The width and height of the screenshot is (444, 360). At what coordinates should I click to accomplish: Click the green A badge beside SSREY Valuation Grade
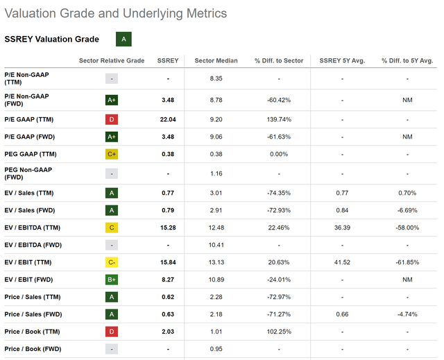[x=123, y=40]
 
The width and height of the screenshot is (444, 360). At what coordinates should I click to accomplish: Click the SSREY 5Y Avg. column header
[x=342, y=60]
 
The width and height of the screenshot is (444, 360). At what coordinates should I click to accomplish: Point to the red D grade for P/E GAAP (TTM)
[x=112, y=119]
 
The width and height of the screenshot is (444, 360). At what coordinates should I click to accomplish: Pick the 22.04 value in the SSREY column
[x=168, y=119]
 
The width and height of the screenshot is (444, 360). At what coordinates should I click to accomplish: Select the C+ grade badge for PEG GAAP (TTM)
[x=112, y=154]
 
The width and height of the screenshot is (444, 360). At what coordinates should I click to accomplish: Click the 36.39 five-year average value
[x=342, y=228]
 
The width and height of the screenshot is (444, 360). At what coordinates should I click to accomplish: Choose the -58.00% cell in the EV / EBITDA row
[x=407, y=228]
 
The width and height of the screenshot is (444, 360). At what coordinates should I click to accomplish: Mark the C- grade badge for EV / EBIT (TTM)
[x=112, y=262]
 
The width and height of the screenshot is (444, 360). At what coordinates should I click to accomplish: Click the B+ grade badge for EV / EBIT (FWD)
[x=112, y=280]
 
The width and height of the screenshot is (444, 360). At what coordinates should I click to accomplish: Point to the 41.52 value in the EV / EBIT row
[x=342, y=262]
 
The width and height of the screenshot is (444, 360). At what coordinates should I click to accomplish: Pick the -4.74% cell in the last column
[x=407, y=314]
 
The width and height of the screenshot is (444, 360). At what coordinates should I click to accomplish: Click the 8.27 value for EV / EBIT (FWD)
[x=168, y=280]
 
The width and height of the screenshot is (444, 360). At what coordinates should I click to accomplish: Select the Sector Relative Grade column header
[x=112, y=60]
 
